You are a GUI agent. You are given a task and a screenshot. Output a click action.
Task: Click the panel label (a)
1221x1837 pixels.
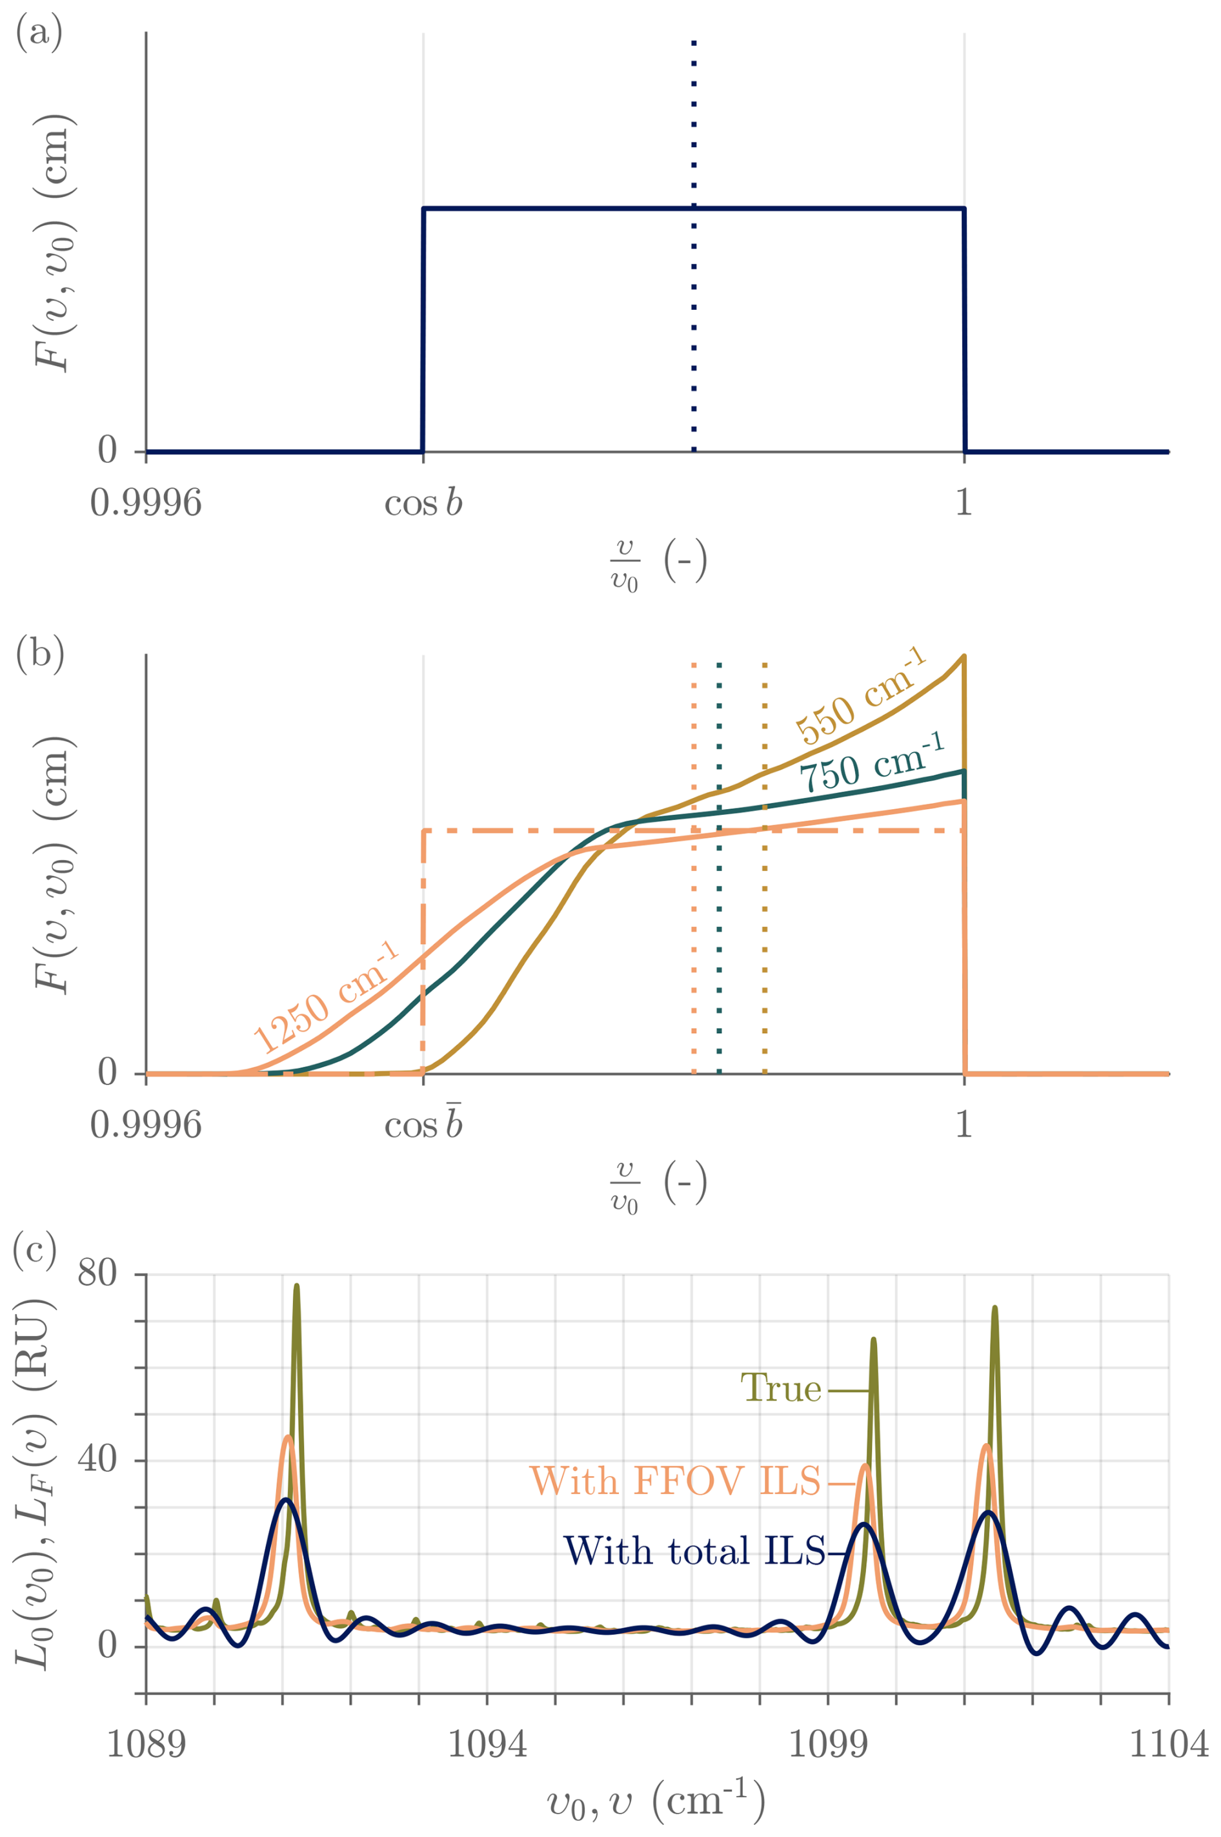39,33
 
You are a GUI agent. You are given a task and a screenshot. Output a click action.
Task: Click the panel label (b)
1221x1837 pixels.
39,653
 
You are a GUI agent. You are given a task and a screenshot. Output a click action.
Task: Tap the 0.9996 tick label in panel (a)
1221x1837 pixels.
146,503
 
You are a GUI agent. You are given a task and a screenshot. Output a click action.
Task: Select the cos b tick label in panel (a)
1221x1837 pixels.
423,503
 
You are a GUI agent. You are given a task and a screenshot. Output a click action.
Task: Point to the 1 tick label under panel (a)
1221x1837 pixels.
964,503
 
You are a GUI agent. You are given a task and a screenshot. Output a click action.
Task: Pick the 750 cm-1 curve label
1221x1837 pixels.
872,763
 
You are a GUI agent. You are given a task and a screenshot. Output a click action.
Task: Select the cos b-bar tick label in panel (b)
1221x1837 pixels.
423,1124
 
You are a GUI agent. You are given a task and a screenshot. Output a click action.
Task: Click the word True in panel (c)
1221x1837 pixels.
780,1388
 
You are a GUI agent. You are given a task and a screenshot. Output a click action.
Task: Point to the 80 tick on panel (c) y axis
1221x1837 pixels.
97,1275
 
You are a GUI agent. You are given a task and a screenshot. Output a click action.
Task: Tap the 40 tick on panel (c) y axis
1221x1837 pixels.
97,1461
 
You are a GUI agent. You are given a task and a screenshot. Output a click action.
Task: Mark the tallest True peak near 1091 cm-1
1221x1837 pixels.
297,1286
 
